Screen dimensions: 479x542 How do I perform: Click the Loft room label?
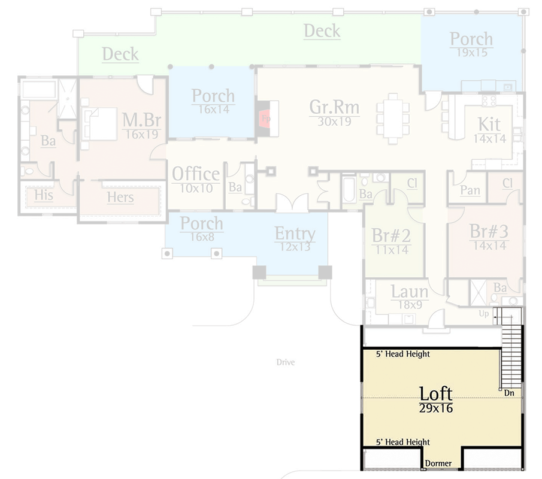pyautogui.click(x=435, y=394)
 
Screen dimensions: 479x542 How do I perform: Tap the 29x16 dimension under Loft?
pyautogui.click(x=435, y=408)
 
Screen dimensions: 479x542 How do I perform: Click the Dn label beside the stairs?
pyautogui.click(x=509, y=393)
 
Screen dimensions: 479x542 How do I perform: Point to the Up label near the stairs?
pyautogui.click(x=484, y=314)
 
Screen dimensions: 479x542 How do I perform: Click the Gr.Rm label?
pyautogui.click(x=334, y=107)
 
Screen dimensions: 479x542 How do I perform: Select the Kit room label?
pyautogui.click(x=489, y=124)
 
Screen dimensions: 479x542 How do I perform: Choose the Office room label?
pyautogui.click(x=196, y=174)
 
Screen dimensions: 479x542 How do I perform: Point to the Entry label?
pyautogui.click(x=295, y=234)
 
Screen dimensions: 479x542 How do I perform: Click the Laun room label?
pyautogui.click(x=410, y=292)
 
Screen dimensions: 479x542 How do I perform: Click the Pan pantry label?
pyautogui.click(x=470, y=190)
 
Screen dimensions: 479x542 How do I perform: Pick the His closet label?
pyautogui.click(x=44, y=196)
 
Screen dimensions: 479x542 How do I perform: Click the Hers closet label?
pyautogui.click(x=120, y=197)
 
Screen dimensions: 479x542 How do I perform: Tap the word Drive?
pyautogui.click(x=286, y=362)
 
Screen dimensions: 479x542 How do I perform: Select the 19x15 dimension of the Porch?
pyautogui.click(x=471, y=53)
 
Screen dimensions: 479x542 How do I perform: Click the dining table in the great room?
pyautogui.click(x=393, y=118)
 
